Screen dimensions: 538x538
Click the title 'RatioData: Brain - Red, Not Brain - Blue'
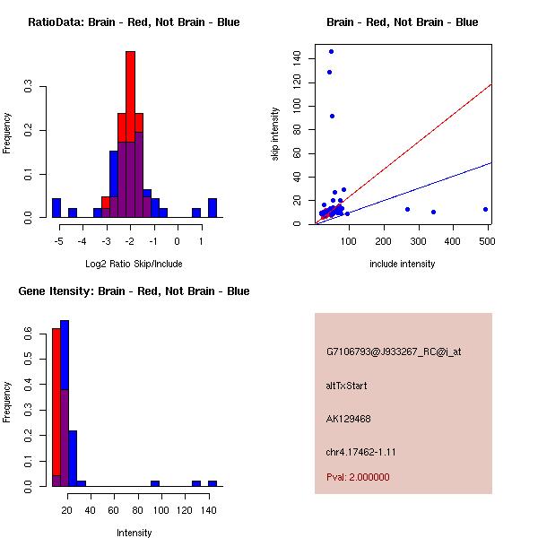pyautogui.click(x=134, y=22)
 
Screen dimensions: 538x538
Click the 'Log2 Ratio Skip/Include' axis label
pyautogui.click(x=134, y=264)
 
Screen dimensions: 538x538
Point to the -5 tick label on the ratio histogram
pyautogui.click(x=58, y=240)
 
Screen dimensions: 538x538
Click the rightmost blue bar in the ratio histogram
pyautogui.click(x=213, y=208)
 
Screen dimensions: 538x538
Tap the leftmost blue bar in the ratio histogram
pyautogui.click(x=56, y=208)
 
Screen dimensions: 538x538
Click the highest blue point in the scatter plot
pyautogui.click(x=331, y=51)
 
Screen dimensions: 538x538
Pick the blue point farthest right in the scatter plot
pyautogui.click(x=485, y=209)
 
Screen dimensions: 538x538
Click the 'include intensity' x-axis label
pyautogui.click(x=403, y=264)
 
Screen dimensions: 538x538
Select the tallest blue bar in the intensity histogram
pyautogui.click(x=65, y=403)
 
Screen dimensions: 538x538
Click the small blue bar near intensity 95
pyautogui.click(x=155, y=483)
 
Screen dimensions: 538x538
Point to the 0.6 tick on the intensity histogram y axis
pyautogui.click(x=30, y=333)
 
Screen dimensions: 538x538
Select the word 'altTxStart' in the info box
pyautogui.click(x=346, y=386)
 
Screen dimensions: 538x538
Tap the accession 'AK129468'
pyautogui.click(x=349, y=419)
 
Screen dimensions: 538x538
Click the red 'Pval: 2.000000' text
pyautogui.click(x=358, y=477)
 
